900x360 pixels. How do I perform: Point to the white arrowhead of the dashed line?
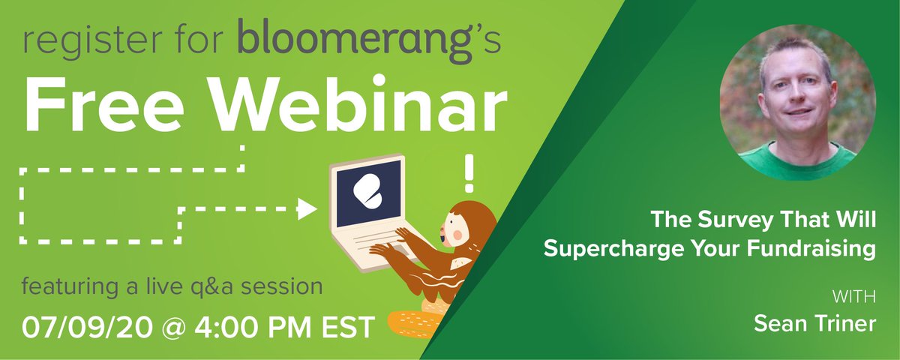point(307,208)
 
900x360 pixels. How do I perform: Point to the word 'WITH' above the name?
point(856,295)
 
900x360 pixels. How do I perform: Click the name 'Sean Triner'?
point(814,324)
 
